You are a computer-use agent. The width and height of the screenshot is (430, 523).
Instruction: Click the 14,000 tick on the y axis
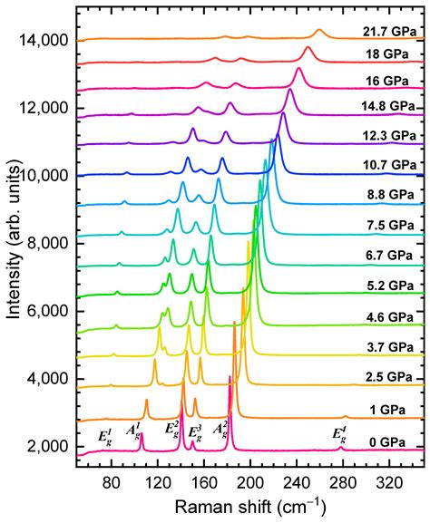[x=37, y=41]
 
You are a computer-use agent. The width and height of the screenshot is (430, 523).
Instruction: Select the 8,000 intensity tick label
[x=41, y=244]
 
